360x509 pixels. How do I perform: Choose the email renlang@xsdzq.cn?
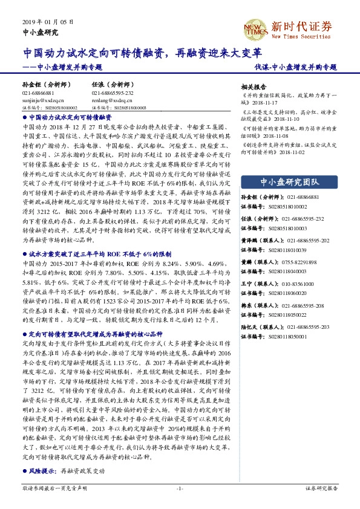[x=111, y=101]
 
